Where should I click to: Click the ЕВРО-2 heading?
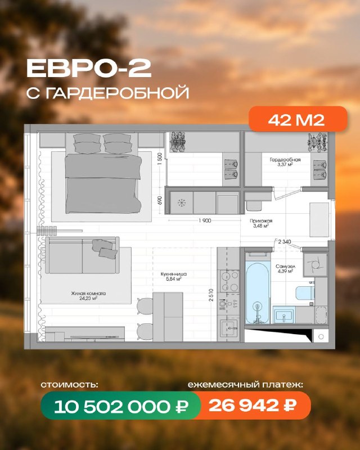(89, 69)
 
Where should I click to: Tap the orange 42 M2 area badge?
(298, 119)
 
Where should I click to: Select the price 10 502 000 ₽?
(121, 406)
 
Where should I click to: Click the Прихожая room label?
(261, 221)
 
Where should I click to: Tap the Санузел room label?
(285, 266)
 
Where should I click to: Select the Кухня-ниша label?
(173, 274)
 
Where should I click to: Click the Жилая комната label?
(88, 294)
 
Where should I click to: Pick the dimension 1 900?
(204, 220)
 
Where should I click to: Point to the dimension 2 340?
(285, 242)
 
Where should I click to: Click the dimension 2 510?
(211, 295)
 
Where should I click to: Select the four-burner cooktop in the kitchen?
(229, 281)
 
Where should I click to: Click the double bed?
(103, 173)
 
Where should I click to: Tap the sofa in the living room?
(82, 255)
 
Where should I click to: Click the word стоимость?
(70, 385)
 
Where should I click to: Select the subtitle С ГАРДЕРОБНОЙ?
(107, 93)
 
